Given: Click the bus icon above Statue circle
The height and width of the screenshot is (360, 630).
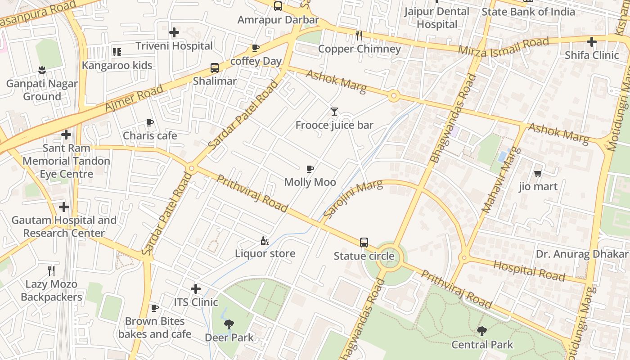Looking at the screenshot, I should pos(364,243).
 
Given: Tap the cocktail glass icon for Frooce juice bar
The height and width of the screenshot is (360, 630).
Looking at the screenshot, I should pos(334,111).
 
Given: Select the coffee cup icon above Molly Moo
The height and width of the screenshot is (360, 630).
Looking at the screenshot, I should pos(310,169).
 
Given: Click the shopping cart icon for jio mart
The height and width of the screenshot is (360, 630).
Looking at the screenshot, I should pos(538,173).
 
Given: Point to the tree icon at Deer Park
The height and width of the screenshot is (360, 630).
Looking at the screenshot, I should pos(229,324).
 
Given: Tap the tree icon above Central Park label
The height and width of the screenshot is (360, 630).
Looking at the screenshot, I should pos(482,331).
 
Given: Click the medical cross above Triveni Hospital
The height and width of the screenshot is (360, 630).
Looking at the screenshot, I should pos(174,32).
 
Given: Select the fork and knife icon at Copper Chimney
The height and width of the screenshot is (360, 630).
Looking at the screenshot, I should pos(359,35).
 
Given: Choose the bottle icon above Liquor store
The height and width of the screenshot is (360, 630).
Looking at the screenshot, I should pos(265,241).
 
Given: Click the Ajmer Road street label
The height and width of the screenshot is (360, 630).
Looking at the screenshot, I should pos(134,98).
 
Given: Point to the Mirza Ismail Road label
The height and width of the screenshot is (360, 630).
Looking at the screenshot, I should pos(504,46).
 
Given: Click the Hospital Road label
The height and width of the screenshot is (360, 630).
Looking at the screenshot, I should pos(529,270).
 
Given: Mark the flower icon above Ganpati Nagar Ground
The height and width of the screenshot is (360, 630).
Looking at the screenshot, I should pos(42,70).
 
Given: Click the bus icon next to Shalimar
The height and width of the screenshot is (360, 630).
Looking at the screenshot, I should pos(215,68).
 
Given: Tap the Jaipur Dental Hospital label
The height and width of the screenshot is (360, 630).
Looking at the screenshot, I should pos(436,18).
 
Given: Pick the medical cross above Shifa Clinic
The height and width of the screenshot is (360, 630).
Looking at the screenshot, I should pos(592,42).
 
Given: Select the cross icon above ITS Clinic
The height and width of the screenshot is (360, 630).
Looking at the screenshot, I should pos(196,288).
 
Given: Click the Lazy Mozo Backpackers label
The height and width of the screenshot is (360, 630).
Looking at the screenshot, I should pos(51,290).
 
